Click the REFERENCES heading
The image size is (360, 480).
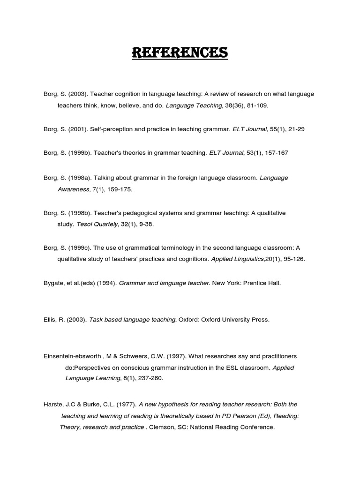tap(180, 52)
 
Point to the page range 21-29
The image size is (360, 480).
tap(295, 129)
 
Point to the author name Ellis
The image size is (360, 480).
tap(50, 320)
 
